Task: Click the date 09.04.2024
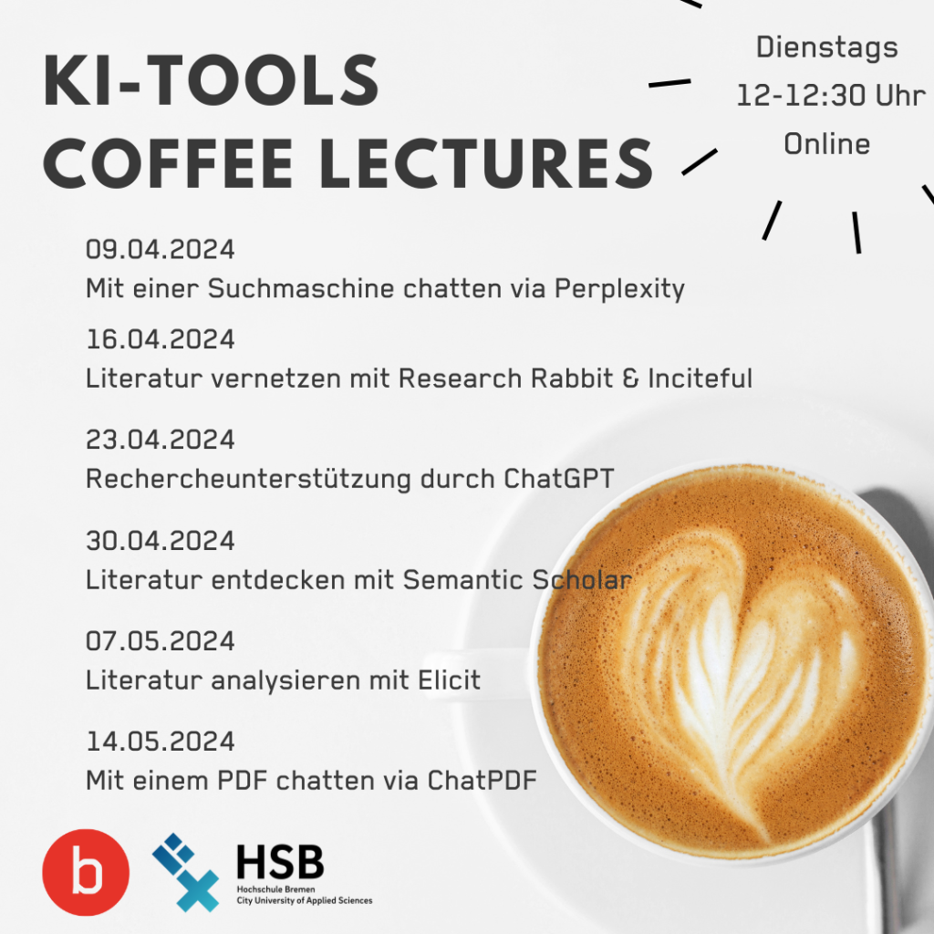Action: pos(161,249)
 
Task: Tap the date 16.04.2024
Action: pos(161,339)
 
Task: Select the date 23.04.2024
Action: pos(161,440)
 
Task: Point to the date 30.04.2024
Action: pos(161,540)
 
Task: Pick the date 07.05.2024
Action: pos(161,641)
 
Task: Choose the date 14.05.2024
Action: pos(161,742)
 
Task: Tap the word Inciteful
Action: pos(700,379)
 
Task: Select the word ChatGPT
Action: pos(559,478)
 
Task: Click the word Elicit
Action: pos(449,680)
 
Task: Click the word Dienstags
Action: pos(826,48)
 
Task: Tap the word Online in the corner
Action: pos(826,144)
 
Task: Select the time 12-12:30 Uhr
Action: pos(831,96)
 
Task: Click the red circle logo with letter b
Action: pos(86,872)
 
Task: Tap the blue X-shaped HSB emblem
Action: pos(186,873)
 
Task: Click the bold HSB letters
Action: pos(281,861)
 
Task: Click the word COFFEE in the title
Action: pos(168,164)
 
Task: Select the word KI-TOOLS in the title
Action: pos(211,80)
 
